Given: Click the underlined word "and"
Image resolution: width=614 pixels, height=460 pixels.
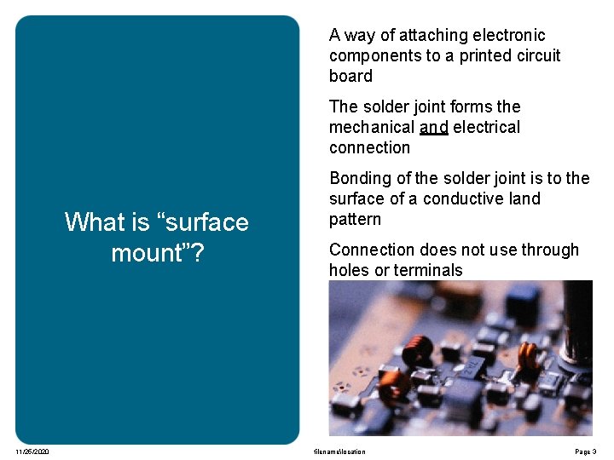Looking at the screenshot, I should (434, 128).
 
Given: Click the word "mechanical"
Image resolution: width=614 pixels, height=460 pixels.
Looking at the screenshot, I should (372, 128).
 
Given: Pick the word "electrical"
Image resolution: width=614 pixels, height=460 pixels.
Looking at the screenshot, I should (486, 128).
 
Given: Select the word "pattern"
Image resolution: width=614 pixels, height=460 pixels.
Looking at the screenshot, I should (355, 219).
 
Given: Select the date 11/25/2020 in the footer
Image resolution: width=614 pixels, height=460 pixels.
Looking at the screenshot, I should (32, 451).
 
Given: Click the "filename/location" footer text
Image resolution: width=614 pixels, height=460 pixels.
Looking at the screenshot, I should (339, 451).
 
